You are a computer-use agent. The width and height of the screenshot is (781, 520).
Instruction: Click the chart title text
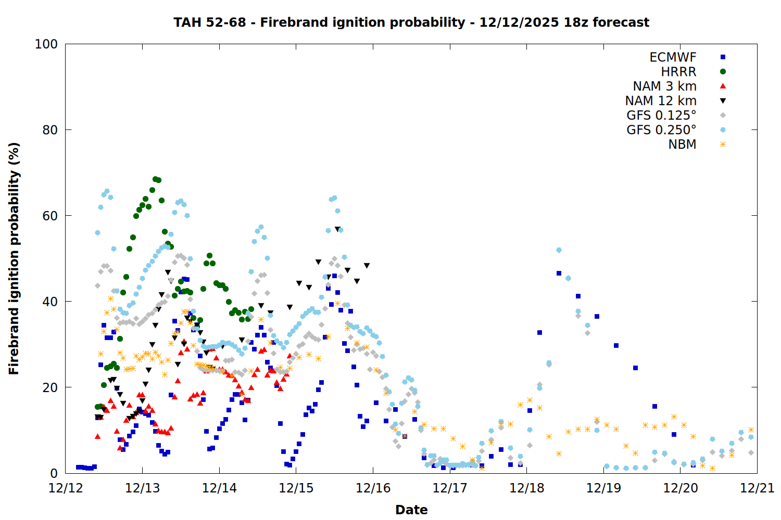tap(411, 22)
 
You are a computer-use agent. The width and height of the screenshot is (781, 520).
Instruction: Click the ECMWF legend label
tap(673, 57)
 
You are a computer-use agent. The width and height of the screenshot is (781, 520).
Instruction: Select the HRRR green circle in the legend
tap(723, 72)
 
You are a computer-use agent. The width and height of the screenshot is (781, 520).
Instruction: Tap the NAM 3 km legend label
tap(664, 86)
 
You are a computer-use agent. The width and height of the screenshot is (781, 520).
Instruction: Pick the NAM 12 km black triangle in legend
tap(723, 101)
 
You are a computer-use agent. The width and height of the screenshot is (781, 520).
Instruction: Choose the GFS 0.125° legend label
tap(661, 115)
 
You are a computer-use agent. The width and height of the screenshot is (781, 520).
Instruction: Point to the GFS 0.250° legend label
tap(661, 130)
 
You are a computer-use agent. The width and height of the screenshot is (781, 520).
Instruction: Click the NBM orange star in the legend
tap(723, 145)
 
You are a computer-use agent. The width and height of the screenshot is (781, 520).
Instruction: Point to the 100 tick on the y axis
tap(46, 44)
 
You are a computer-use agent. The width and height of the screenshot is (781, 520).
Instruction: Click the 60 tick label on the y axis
tap(50, 216)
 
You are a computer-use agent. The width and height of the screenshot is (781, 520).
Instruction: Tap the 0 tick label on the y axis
tap(54, 473)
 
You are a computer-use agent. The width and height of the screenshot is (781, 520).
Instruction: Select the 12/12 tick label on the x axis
tap(66, 488)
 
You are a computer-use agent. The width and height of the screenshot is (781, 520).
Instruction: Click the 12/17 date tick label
tap(450, 488)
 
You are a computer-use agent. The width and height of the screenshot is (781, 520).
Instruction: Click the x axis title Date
tap(411, 510)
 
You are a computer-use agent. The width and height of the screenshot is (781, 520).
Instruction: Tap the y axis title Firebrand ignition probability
tap(14, 258)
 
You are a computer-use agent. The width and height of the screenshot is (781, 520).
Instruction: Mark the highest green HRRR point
tap(155, 179)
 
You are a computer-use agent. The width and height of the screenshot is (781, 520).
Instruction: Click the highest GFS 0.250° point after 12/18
tap(559, 250)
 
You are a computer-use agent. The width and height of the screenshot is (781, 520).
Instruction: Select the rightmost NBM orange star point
tap(751, 430)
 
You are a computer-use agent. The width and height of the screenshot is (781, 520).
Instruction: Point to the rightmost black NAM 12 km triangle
tap(367, 266)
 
